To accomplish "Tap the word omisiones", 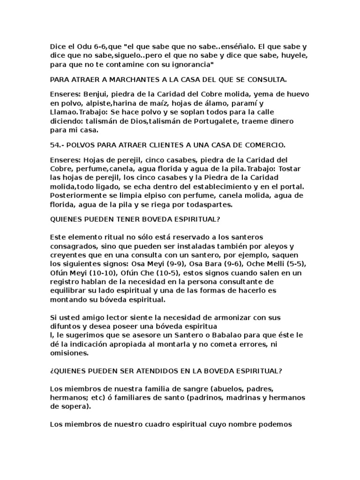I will pyautogui.click(x=70, y=354).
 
